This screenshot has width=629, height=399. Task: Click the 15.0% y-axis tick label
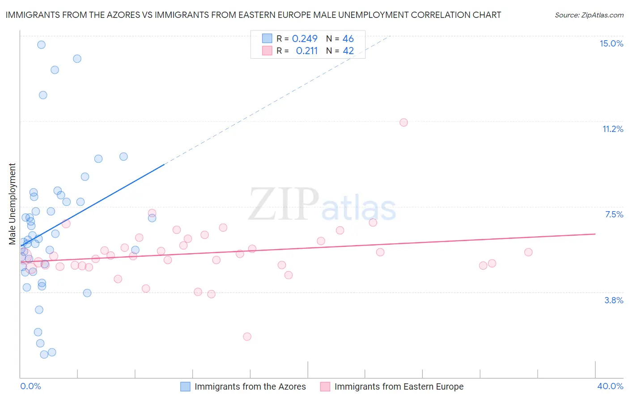(x=611, y=43)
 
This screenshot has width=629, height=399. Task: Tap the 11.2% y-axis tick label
(x=612, y=129)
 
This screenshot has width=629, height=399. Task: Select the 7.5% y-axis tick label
(x=614, y=214)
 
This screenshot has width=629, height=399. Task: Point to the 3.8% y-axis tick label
(x=613, y=300)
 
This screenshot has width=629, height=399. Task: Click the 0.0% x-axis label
(x=30, y=386)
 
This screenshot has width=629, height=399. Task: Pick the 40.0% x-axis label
(x=610, y=386)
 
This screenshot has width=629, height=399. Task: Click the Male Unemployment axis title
(x=12, y=204)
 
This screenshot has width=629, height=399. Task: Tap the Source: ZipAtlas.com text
(x=589, y=15)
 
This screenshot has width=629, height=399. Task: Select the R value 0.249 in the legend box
(x=305, y=38)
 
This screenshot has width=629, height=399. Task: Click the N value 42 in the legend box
(x=348, y=51)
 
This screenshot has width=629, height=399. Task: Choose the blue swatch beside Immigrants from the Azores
(x=185, y=386)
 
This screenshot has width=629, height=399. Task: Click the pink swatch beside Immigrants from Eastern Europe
(x=325, y=386)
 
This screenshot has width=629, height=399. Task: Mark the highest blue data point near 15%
(x=41, y=45)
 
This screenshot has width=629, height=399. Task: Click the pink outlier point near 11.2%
(x=404, y=123)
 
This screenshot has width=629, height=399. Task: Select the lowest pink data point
(x=247, y=336)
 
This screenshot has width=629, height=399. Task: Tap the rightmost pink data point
(x=528, y=252)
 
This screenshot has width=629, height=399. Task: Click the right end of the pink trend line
(x=595, y=234)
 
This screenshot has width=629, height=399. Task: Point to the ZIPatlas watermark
(x=322, y=205)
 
